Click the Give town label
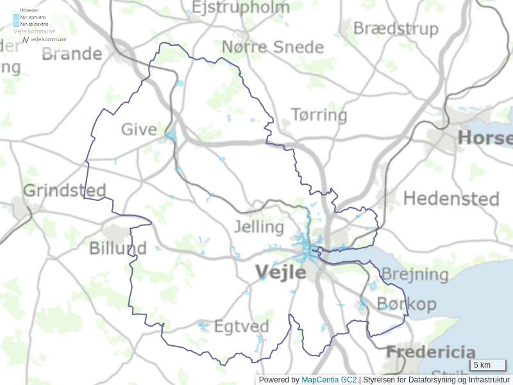click(x=139, y=130)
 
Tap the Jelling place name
click(x=259, y=227)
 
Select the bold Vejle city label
click(x=281, y=272)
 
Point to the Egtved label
click(x=241, y=326)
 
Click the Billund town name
click(x=117, y=248)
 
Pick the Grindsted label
click(x=64, y=191)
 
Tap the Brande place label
click(x=72, y=53)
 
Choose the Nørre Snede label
click(x=273, y=47)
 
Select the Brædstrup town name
click(x=396, y=29)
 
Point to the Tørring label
click(x=319, y=116)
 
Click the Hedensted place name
click(x=451, y=199)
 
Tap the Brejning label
click(x=414, y=275)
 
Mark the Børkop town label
click(x=407, y=304)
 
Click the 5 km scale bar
click(x=488, y=365)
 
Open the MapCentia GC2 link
click(x=329, y=380)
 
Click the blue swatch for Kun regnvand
click(x=16, y=17)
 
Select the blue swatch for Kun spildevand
click(x=16, y=24)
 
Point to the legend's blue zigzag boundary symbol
click(x=26, y=40)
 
